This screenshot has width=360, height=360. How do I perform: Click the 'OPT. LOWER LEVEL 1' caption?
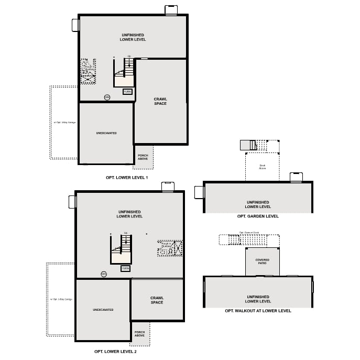(x=127, y=178)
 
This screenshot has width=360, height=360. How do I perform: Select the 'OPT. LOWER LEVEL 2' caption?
(x=115, y=351)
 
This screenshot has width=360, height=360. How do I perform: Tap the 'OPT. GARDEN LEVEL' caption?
(x=258, y=216)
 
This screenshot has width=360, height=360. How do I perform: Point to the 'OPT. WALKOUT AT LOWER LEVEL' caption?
(x=258, y=311)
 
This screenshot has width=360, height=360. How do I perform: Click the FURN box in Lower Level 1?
(x=127, y=92)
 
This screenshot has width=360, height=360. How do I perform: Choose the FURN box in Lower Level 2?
(x=125, y=268)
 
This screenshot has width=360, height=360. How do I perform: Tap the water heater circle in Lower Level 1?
(x=107, y=97)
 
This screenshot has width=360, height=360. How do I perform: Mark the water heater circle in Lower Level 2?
(x=104, y=274)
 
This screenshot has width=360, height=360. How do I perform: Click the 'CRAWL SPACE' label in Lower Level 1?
(x=160, y=101)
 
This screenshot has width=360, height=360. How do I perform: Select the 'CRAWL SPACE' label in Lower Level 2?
(x=157, y=300)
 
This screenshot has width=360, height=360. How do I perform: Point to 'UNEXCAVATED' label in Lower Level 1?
(x=106, y=133)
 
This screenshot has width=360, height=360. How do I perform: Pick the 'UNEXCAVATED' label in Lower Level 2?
(x=103, y=310)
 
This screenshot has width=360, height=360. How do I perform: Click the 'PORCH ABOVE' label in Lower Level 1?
(x=143, y=157)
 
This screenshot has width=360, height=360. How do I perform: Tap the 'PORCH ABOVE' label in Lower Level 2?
(x=139, y=333)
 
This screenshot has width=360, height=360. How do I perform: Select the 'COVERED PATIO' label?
(x=262, y=261)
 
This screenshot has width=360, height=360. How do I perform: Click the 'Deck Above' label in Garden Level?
(x=262, y=167)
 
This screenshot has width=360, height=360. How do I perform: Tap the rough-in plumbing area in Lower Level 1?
(x=88, y=71)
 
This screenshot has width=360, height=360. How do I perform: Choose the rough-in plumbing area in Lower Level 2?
(x=170, y=248)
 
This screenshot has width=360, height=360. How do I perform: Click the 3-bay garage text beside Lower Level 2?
(x=61, y=299)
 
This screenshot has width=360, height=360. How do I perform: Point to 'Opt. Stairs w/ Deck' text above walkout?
(x=249, y=232)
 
